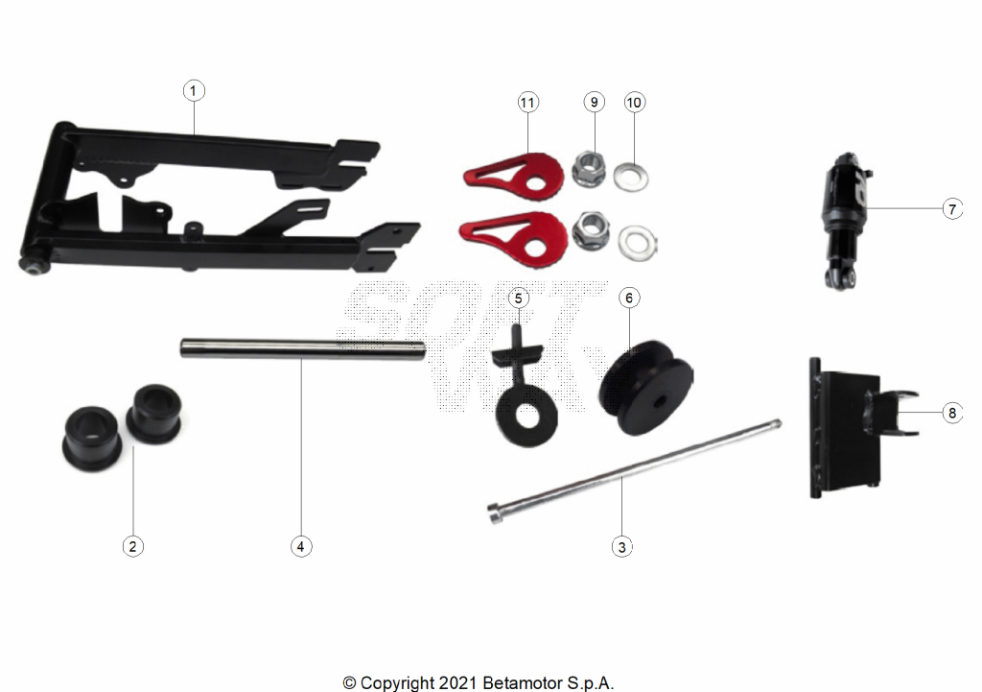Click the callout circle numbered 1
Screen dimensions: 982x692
pyautogui.click(x=194, y=90)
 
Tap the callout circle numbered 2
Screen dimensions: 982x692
pyautogui.click(x=132, y=546)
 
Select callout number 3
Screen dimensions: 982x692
pyautogui.click(x=621, y=546)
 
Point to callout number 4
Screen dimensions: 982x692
pyautogui.click(x=301, y=546)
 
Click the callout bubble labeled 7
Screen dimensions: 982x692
pyautogui.click(x=952, y=208)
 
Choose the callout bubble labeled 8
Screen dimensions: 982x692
pyautogui.click(x=952, y=413)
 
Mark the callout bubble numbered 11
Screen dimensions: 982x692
pyautogui.click(x=528, y=102)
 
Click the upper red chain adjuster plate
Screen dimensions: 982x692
pyautogui.click(x=515, y=171)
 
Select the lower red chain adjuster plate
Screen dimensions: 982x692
pyautogui.click(x=514, y=236)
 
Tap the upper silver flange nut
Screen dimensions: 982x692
pyautogui.click(x=589, y=169)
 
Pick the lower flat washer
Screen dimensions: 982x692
pyautogui.click(x=638, y=243)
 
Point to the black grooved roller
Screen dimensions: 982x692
pyautogui.click(x=646, y=387)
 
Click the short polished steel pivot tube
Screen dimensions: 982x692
pyautogui.click(x=303, y=347)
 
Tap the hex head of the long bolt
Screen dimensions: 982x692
pyautogui.click(x=495, y=515)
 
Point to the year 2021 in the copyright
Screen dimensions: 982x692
pyautogui.click(x=459, y=682)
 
